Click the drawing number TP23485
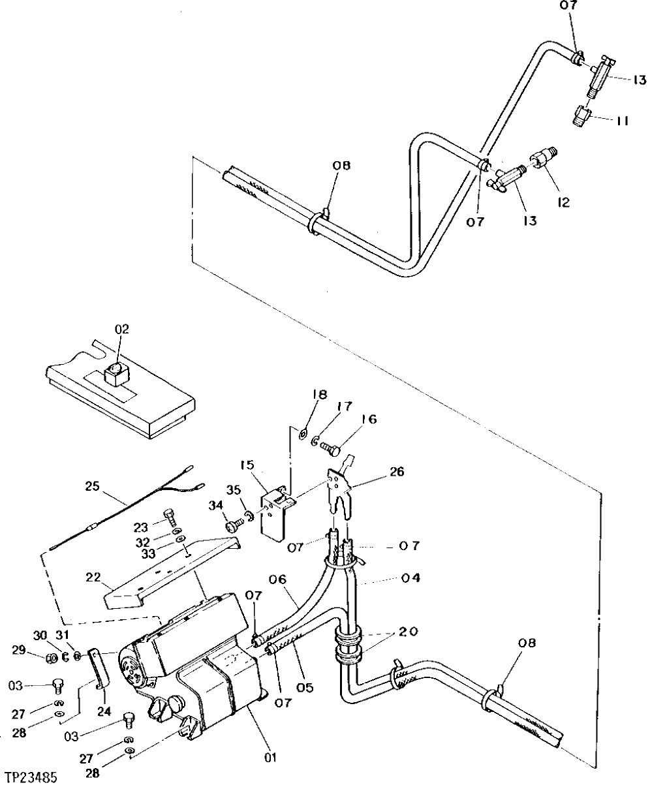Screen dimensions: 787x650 point(31,778)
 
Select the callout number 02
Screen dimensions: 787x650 point(121,330)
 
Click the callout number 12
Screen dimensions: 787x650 point(563,202)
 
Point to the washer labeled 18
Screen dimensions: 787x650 point(304,433)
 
